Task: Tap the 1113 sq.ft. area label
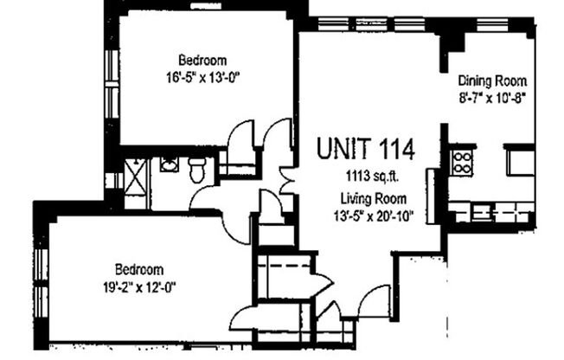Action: [367, 177]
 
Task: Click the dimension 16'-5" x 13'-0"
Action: [202, 76]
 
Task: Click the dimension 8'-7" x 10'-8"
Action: [491, 99]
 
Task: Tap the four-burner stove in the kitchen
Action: [461, 162]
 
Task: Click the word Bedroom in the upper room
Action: [202, 61]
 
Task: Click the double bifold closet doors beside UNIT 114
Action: [279, 147]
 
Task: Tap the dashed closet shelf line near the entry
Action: [286, 261]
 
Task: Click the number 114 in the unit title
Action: [395, 148]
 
